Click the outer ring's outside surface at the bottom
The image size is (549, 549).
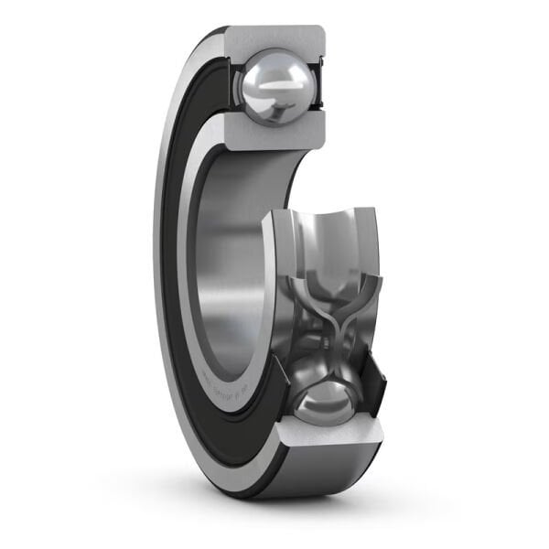coord(320,471)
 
